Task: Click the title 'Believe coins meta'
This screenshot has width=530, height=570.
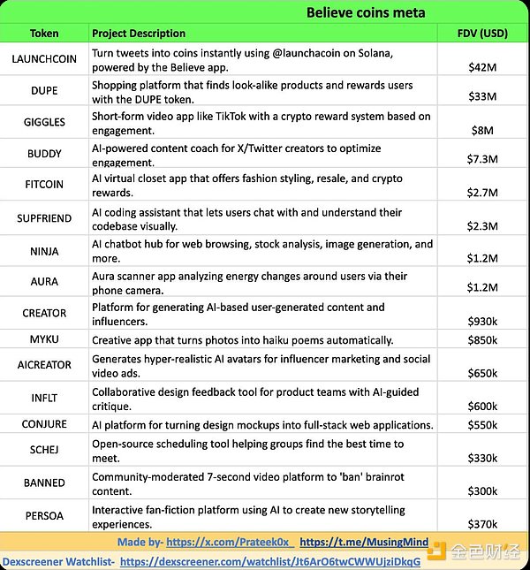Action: click(x=366, y=12)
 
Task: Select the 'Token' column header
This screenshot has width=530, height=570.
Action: click(x=44, y=34)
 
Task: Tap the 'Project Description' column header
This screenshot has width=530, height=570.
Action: click(x=139, y=34)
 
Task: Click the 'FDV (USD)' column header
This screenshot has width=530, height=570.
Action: click(x=481, y=34)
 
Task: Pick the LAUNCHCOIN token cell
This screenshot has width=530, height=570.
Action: click(x=44, y=59)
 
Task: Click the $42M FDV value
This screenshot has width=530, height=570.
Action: click(x=482, y=66)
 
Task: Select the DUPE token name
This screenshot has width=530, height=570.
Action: click(x=44, y=91)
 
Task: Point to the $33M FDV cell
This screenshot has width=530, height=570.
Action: click(x=482, y=96)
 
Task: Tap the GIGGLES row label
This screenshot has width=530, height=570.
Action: click(x=44, y=123)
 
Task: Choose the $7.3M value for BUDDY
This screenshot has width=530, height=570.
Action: click(x=482, y=159)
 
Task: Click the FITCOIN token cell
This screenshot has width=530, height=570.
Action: click(x=44, y=186)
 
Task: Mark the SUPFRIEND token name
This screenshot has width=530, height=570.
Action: click(x=44, y=218)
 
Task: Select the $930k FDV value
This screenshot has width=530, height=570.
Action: click(x=482, y=320)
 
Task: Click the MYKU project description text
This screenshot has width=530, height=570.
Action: click(x=243, y=340)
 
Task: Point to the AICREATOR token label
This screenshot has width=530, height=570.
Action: click(x=44, y=365)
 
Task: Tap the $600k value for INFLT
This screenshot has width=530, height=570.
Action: click(x=482, y=406)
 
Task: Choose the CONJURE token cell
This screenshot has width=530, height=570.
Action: click(x=44, y=424)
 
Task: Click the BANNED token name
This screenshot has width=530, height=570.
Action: click(x=44, y=483)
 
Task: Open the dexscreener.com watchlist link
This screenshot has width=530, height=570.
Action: click(x=269, y=561)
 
